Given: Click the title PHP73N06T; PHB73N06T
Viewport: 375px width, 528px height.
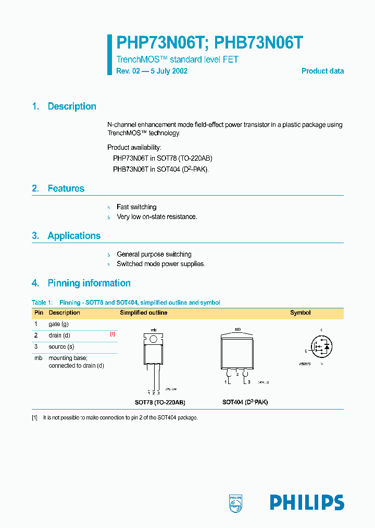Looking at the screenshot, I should pyautogui.click(x=210, y=43).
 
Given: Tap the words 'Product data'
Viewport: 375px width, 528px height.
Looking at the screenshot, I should pyautogui.click(x=322, y=71).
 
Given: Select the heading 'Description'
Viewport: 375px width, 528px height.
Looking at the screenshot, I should pyautogui.click(x=72, y=106).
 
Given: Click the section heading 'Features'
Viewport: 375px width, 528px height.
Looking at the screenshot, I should pyautogui.click(x=66, y=188).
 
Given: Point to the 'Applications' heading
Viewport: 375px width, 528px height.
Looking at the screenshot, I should pyautogui.click(x=74, y=236).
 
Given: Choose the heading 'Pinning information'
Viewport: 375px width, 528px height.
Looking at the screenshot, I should pyautogui.click(x=89, y=283).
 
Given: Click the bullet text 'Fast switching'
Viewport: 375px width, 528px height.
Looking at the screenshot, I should pyautogui.click(x=136, y=207).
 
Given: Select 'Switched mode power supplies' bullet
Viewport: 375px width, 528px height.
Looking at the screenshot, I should pyautogui.click(x=160, y=264).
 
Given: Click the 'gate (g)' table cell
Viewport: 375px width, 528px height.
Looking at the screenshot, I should pyautogui.click(x=58, y=325).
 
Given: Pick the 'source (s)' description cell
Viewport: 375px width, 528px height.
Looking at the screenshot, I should pyautogui.click(x=61, y=346).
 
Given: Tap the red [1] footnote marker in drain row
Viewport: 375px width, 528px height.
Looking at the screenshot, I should pyautogui.click(x=113, y=334).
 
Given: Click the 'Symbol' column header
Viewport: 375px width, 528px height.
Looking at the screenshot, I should pyautogui.click(x=300, y=313).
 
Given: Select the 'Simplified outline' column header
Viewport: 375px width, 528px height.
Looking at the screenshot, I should pyautogui.click(x=144, y=313).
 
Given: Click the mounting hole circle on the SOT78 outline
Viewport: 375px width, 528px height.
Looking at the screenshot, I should pyautogui.click(x=154, y=340).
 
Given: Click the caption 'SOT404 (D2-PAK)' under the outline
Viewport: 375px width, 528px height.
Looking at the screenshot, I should pyautogui.click(x=245, y=403).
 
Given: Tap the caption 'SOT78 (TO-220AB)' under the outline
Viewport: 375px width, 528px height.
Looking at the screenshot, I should pyautogui.click(x=160, y=403).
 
